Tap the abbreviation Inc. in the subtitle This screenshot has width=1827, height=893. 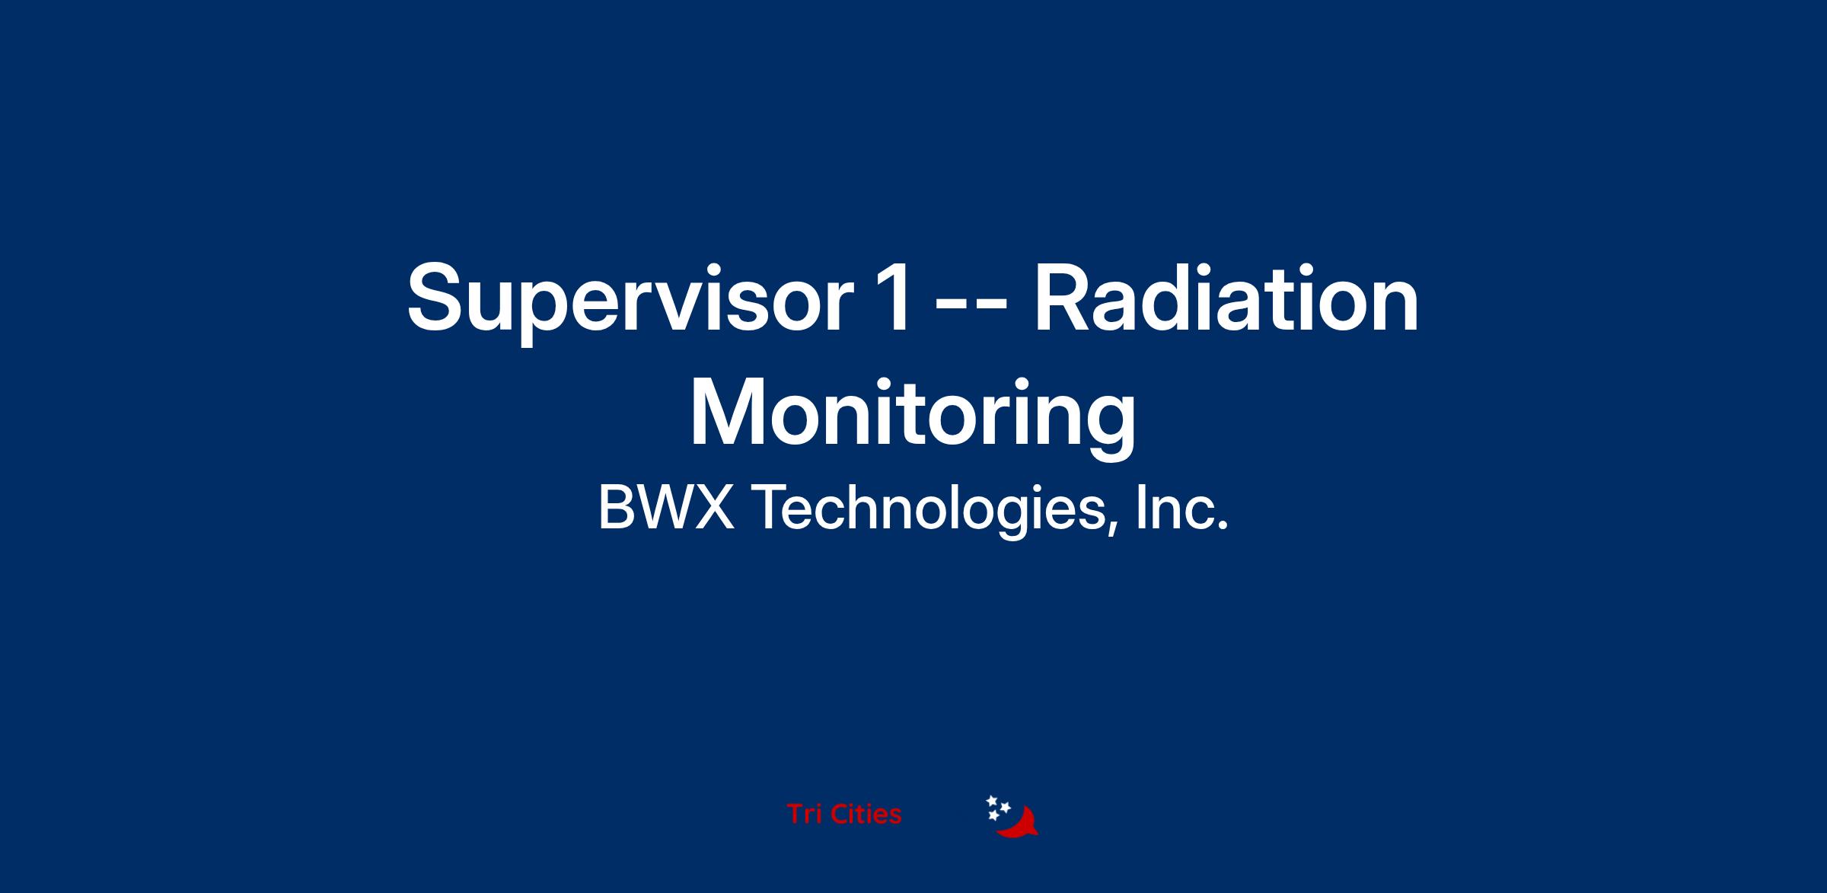tap(1181, 508)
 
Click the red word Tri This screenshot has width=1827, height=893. tap(804, 815)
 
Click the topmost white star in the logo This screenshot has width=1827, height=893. tap(992, 801)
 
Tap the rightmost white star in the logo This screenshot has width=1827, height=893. tap(1005, 808)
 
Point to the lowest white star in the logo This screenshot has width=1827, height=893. tap(993, 815)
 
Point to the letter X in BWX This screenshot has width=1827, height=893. tap(714, 508)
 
